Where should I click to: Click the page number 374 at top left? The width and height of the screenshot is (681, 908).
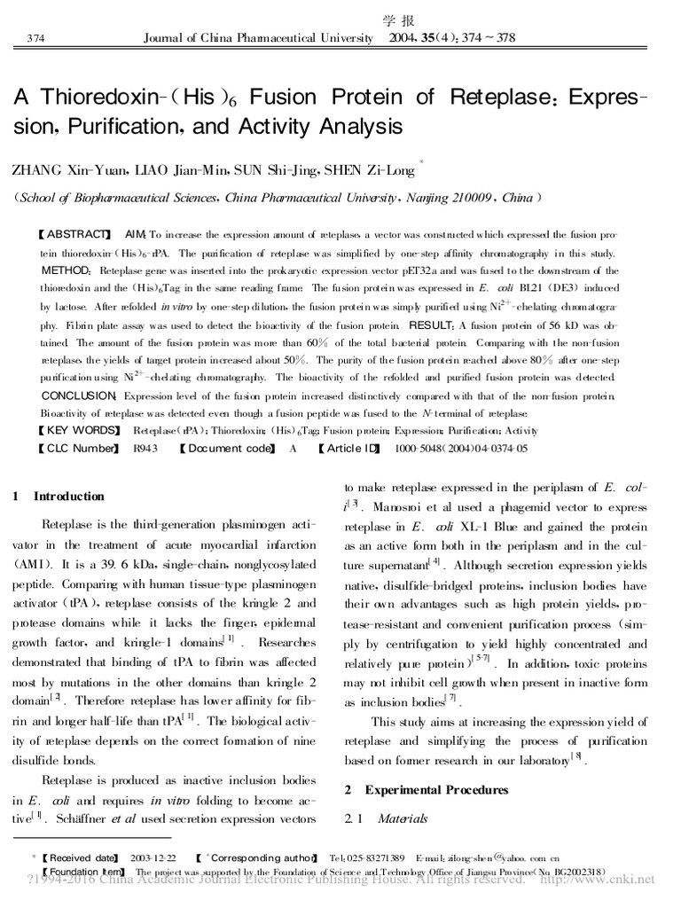tap(37, 38)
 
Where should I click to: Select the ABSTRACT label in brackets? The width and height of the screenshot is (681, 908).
tap(76, 235)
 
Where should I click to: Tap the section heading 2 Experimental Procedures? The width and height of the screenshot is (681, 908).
tap(426, 789)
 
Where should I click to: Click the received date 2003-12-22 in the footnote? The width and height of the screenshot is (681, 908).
tap(153, 858)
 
